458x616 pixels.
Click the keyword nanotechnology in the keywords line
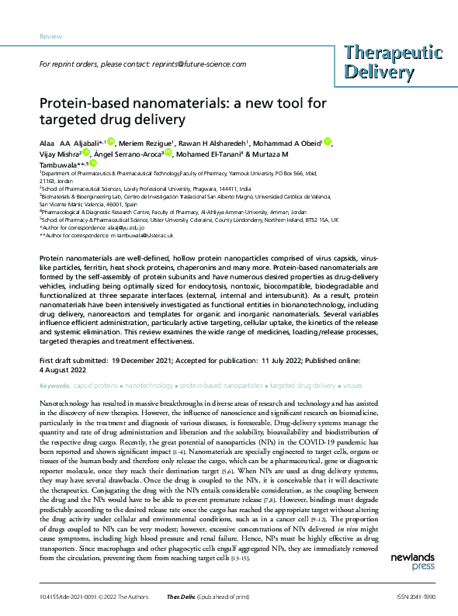coord(151,386)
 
